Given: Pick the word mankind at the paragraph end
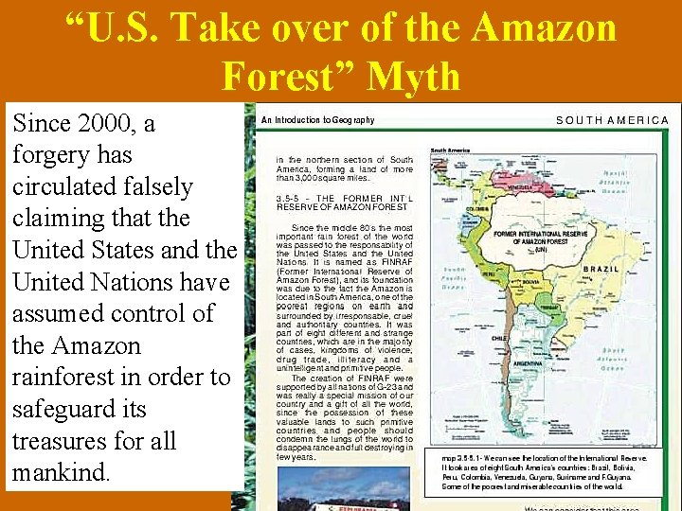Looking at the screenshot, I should click(63, 471).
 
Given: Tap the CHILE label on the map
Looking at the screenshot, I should click(499, 337).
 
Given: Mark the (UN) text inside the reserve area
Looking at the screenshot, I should click(540, 250).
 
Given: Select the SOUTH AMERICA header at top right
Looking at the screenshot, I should click(612, 120).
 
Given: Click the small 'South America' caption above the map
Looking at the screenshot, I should click(451, 150).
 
